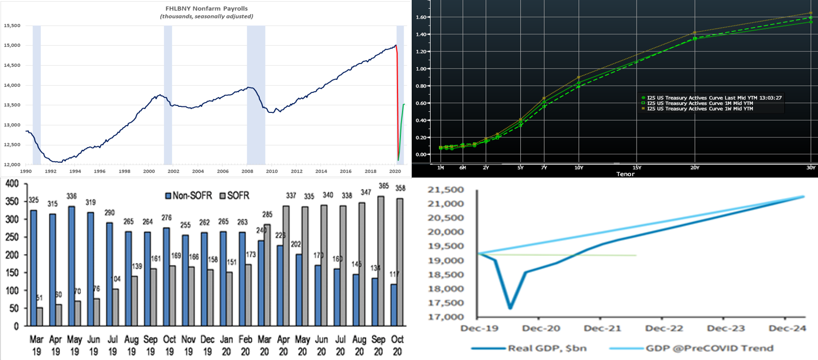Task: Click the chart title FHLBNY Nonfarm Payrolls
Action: click(206, 9)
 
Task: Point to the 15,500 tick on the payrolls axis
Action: click(11, 26)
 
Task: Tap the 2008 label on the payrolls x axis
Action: click(247, 172)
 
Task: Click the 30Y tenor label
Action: click(811, 167)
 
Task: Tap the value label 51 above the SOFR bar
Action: click(39, 298)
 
